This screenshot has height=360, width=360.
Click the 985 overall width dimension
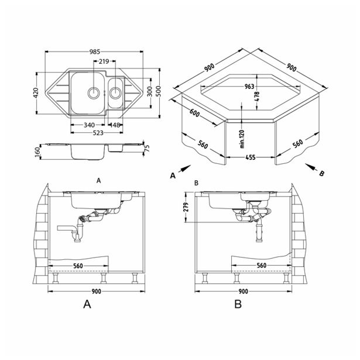(95, 52)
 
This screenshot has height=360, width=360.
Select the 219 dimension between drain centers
(104, 61)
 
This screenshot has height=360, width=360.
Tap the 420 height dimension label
(36, 93)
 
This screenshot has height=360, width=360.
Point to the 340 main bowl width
(89, 125)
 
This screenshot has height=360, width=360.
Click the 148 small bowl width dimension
(115, 125)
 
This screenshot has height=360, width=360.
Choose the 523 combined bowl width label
(98, 133)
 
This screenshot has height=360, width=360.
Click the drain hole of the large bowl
(94, 92)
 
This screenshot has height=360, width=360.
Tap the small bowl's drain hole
(115, 92)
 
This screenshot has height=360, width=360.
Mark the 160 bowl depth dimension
(37, 152)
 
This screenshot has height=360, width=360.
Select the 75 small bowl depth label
(147, 148)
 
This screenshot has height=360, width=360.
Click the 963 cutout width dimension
(249, 87)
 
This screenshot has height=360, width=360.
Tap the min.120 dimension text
(242, 139)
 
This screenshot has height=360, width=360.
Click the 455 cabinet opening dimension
(251, 157)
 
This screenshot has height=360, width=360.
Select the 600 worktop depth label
(195, 112)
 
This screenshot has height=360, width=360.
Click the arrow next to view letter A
(184, 169)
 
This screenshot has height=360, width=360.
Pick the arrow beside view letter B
(311, 167)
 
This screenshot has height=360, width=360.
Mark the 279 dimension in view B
(186, 207)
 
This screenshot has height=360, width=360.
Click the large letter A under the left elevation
(87, 304)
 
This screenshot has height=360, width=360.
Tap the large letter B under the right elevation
(238, 304)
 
